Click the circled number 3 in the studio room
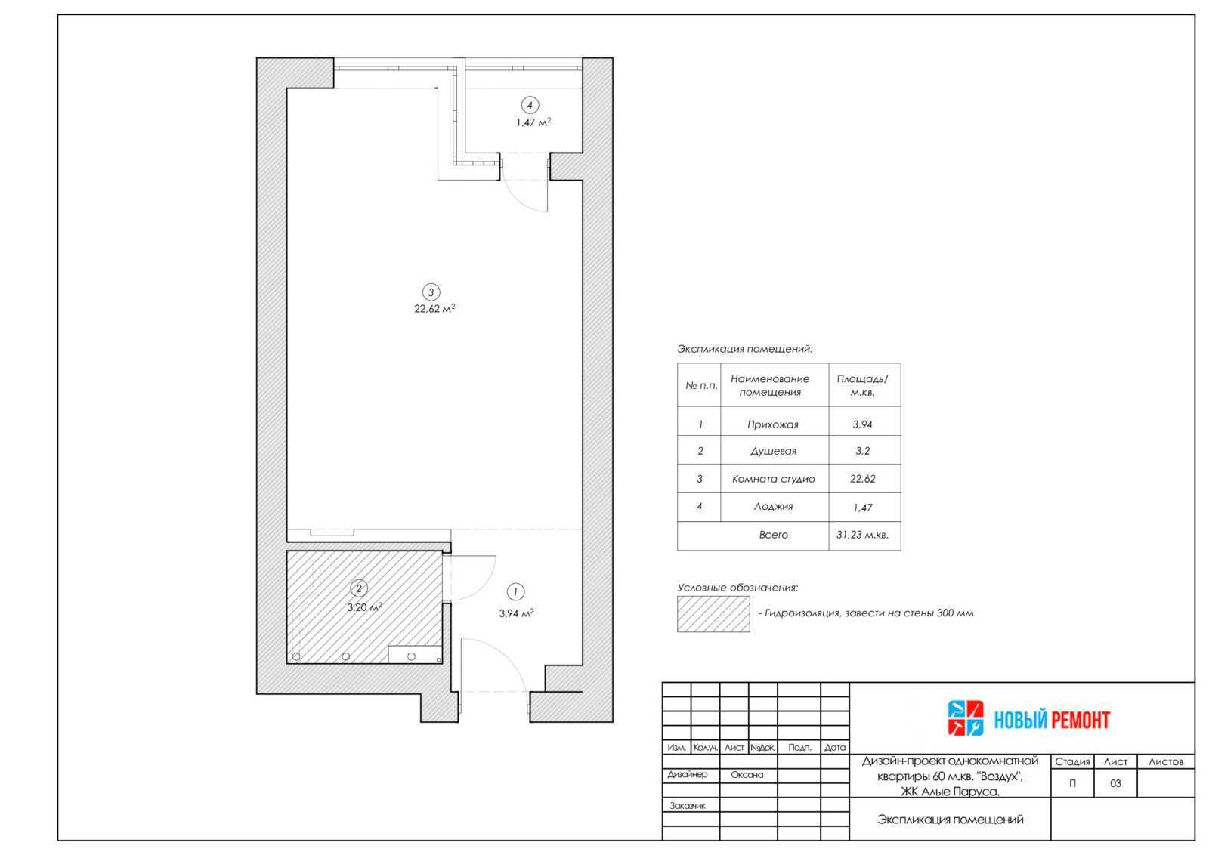coord(431,292)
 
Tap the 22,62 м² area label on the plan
coord(434,309)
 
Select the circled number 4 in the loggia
coord(530,105)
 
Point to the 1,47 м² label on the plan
coord(533,122)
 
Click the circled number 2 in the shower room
coord(359,588)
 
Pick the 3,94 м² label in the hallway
coord(517,613)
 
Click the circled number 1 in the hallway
coord(515,591)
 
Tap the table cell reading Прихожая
coord(773,424)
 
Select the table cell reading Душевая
coord(773,451)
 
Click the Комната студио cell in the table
coord(774,479)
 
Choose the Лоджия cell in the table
coord(774,507)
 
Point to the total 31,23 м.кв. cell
coord(862,535)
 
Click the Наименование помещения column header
coord(770,385)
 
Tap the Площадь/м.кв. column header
coord(862,385)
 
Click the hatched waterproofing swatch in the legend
coord(713,614)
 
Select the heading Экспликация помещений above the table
coord(745,349)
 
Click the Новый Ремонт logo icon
coord(966,718)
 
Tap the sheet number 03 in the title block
coord(1115,783)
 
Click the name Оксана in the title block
coord(747,775)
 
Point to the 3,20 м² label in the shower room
coord(365,607)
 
